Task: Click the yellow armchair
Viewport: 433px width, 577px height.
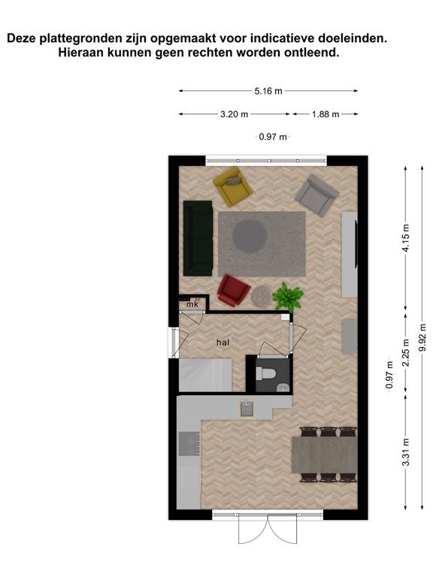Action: pos(233,186)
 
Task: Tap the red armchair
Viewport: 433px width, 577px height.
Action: pos(233,290)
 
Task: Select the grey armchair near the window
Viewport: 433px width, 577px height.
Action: pos(316,195)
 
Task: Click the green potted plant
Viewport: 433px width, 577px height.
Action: pos(288,297)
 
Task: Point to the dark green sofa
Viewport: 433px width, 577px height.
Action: pos(198,238)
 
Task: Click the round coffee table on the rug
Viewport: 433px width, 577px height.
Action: pos(250,236)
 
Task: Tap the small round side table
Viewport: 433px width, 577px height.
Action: pos(262,295)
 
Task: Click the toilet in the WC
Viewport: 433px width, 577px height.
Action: pos(266,373)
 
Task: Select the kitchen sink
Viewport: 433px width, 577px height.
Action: pos(247,409)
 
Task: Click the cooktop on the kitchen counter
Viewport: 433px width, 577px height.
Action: pos(189,443)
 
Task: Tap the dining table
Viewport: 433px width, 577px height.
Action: pos(325,455)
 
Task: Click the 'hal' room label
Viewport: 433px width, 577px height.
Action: pos(223,343)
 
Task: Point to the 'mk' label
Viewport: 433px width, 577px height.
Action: pos(192,304)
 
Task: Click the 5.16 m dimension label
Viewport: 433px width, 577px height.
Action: pos(268,91)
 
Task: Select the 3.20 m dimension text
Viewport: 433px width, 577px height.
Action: pos(235,114)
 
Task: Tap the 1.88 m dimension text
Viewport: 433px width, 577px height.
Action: pos(326,114)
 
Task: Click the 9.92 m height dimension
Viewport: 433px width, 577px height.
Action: pos(422,337)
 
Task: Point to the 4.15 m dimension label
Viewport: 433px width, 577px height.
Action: pos(406,237)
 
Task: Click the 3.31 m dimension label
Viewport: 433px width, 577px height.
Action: pos(406,452)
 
